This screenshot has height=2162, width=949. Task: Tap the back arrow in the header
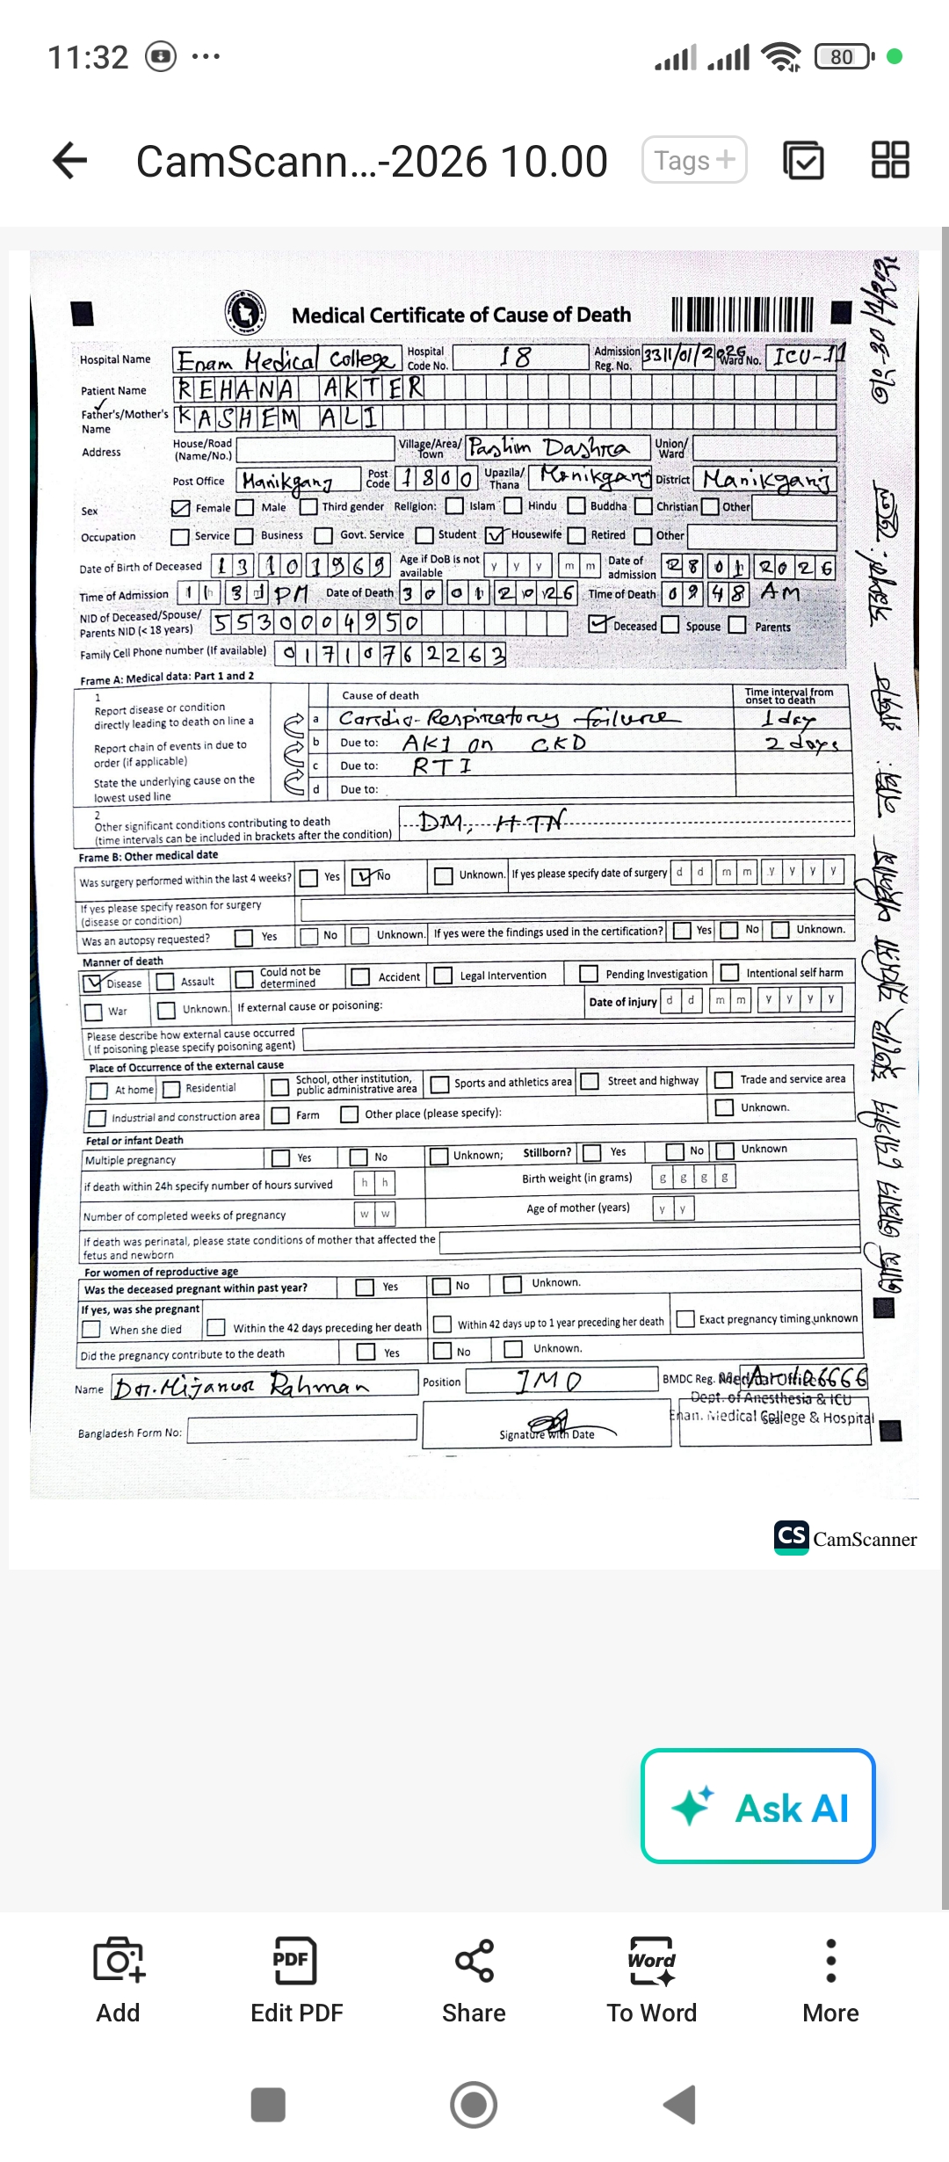[x=70, y=160]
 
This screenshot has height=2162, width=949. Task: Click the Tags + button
[x=694, y=160]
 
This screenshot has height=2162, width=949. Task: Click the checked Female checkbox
[x=181, y=508]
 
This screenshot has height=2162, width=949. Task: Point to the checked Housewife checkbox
[x=496, y=535]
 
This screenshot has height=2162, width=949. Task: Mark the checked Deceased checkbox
[x=598, y=624]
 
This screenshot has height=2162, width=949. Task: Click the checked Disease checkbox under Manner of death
[x=92, y=982]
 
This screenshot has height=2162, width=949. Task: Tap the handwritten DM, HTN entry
[x=492, y=823]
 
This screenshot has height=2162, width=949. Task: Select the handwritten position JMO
[x=548, y=1382]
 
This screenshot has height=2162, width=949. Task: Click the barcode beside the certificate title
[x=743, y=315]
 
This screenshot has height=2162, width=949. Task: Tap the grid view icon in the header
[x=889, y=160]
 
